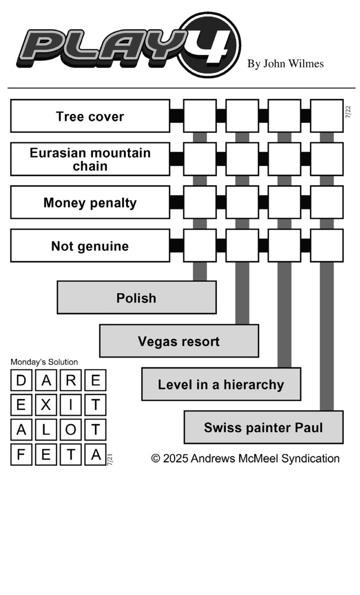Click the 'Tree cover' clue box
tap(90, 116)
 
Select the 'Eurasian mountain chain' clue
tap(90, 159)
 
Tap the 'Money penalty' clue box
tap(90, 202)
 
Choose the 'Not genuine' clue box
tap(90, 246)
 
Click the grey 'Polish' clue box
tap(136, 297)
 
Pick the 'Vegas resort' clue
tap(179, 341)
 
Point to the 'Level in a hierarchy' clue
tap(221, 384)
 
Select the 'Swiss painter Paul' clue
tap(264, 427)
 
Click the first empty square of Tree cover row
tap(200, 116)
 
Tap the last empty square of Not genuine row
tap(327, 246)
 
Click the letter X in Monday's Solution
tap(46, 405)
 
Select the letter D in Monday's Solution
tap(21, 380)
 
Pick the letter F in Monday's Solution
tap(21, 454)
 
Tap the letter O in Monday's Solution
tap(71, 430)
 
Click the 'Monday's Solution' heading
tap(44, 362)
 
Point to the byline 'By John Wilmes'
tap(285, 64)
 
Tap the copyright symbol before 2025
tap(156, 458)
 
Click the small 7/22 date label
tap(348, 112)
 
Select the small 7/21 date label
tap(110, 459)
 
